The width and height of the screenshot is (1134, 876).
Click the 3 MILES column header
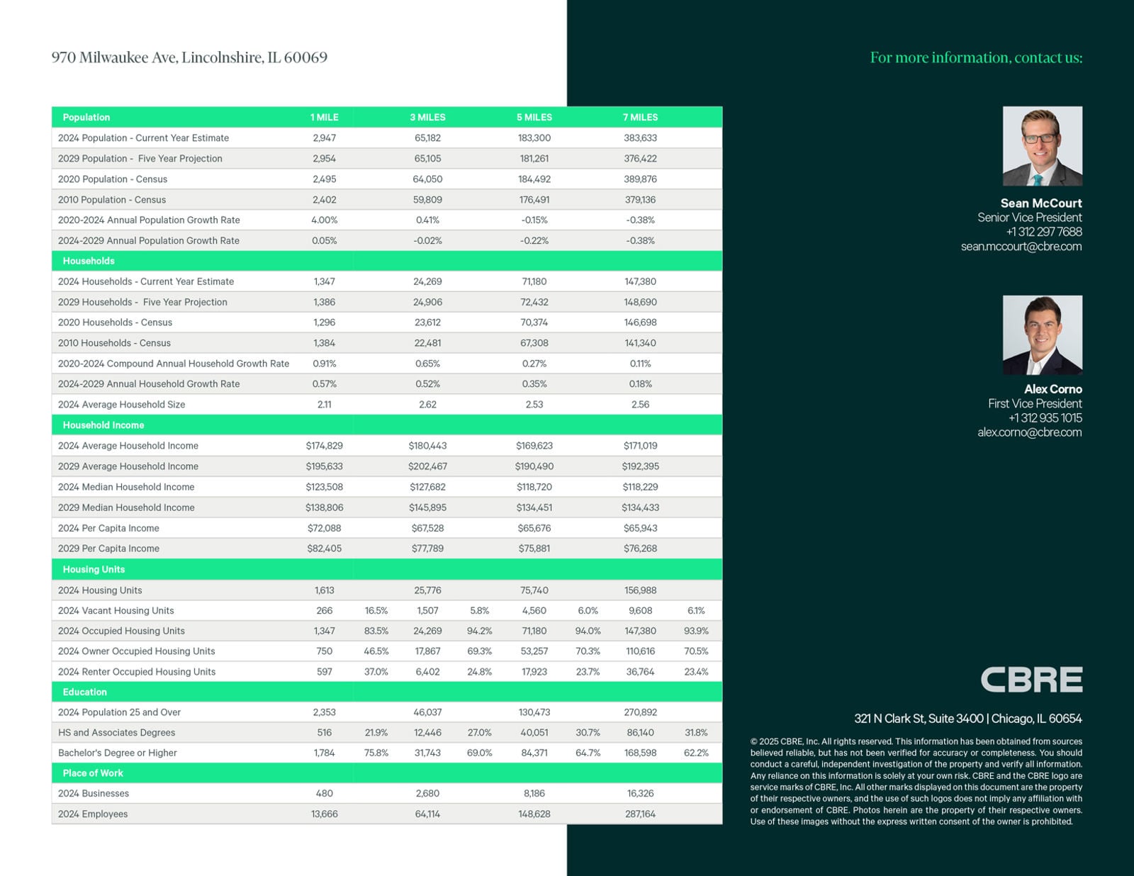[x=427, y=117]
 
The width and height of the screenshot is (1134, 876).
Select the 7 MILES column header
[x=640, y=117]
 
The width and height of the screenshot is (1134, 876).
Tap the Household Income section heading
[x=103, y=425]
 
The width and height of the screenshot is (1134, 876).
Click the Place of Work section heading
[x=93, y=773]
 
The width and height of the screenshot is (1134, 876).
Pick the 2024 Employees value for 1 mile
[x=324, y=814]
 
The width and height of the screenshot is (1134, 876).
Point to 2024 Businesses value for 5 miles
[x=534, y=794]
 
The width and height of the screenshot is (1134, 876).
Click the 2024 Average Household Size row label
[x=121, y=405]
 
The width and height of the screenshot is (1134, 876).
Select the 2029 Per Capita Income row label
[x=108, y=549]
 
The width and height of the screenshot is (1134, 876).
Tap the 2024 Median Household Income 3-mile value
[x=427, y=487]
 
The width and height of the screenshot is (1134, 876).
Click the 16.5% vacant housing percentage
[x=376, y=610]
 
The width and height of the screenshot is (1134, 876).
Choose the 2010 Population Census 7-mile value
[x=640, y=200]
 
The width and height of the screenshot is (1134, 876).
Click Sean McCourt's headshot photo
[x=1042, y=146]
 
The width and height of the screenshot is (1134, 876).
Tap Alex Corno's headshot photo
[x=1042, y=335]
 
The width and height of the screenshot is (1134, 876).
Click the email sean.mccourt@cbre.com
[x=1021, y=247]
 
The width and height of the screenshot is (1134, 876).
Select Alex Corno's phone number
[x=1045, y=418]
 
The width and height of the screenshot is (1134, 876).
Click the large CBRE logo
[x=1031, y=680]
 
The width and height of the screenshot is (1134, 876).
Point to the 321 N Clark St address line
[x=967, y=719]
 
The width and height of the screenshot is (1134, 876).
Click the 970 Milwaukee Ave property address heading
[x=189, y=57]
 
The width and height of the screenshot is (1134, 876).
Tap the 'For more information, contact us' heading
[x=976, y=57]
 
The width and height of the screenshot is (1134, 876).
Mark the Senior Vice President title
[x=1029, y=218]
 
